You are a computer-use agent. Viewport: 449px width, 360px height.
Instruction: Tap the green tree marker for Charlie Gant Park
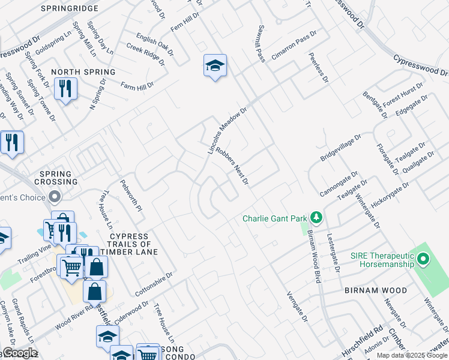click(317, 217)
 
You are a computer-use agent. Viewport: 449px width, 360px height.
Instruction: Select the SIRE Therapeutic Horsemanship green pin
click(424, 259)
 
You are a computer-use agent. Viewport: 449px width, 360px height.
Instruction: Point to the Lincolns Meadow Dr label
click(227, 131)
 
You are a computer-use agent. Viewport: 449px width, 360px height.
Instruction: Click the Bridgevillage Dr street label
click(340, 148)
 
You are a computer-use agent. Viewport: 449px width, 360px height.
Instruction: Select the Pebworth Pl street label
click(131, 196)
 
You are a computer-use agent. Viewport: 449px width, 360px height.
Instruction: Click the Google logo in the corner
click(19, 353)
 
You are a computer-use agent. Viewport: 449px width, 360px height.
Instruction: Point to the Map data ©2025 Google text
click(412, 355)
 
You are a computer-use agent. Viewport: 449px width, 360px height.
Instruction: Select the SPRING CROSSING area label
click(56, 178)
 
